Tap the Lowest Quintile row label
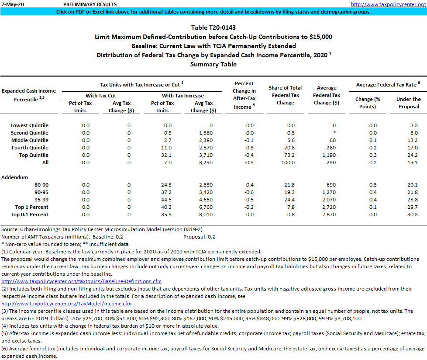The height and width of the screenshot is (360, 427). (x=29, y=125)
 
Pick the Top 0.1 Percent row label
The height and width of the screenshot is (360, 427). (x=31, y=215)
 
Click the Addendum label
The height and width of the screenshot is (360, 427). (x=14, y=177)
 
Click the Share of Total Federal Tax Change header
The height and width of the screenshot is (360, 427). (x=285, y=95)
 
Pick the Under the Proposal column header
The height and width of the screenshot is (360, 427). (x=408, y=103)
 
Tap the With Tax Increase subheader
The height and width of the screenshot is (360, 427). (x=183, y=95)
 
